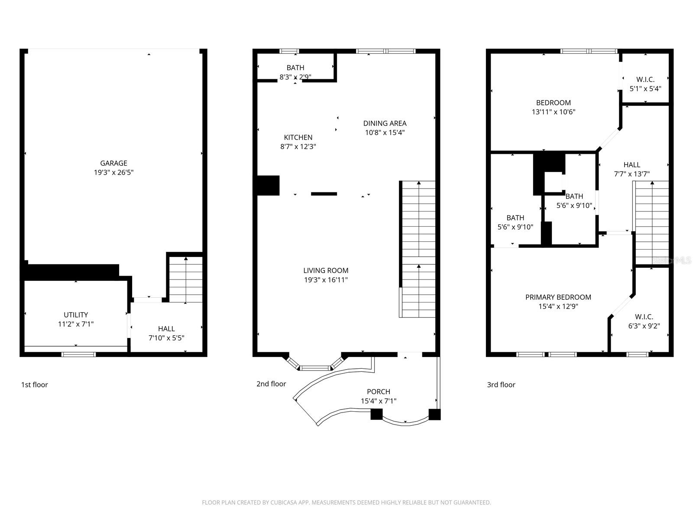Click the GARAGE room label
[x=113, y=163]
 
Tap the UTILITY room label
[x=76, y=315]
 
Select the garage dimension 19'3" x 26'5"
[x=113, y=172]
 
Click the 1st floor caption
[x=34, y=384]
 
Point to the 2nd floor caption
[x=271, y=383]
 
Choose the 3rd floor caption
[x=501, y=384]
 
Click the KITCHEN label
[x=298, y=137]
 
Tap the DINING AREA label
[x=385, y=123]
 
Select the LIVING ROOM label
[x=326, y=270]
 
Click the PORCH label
[x=379, y=392]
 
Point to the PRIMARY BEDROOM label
[x=558, y=297]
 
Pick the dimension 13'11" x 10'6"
[x=554, y=112]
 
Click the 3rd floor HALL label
[x=632, y=165]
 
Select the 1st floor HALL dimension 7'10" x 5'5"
[x=166, y=338]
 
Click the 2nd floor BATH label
[x=295, y=68]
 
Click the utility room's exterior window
[x=78, y=354]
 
